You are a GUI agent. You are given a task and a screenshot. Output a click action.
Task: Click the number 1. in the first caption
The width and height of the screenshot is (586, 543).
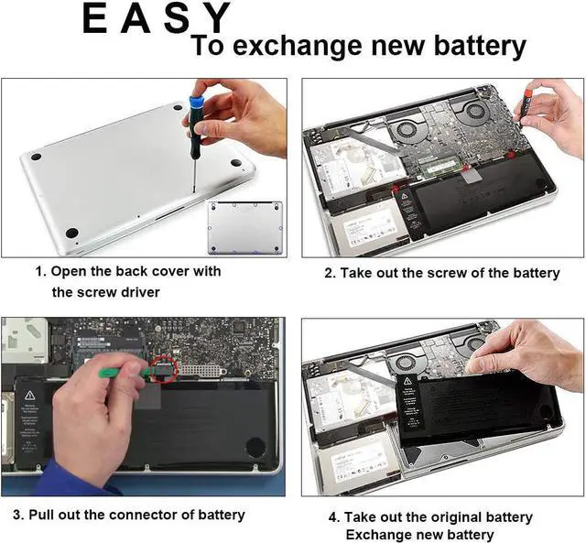40,272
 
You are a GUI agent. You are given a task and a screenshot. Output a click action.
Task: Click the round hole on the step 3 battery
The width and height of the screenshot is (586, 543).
254,449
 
